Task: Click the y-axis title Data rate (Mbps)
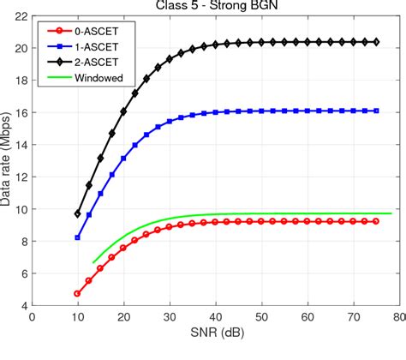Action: coord(8,160)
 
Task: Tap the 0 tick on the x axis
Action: coord(33,316)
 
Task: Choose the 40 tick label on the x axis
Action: coord(215,316)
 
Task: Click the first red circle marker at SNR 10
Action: coord(78,293)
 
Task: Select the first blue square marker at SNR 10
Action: coord(78,237)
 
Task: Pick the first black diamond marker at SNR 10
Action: coord(78,213)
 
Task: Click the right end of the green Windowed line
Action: coord(391,213)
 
